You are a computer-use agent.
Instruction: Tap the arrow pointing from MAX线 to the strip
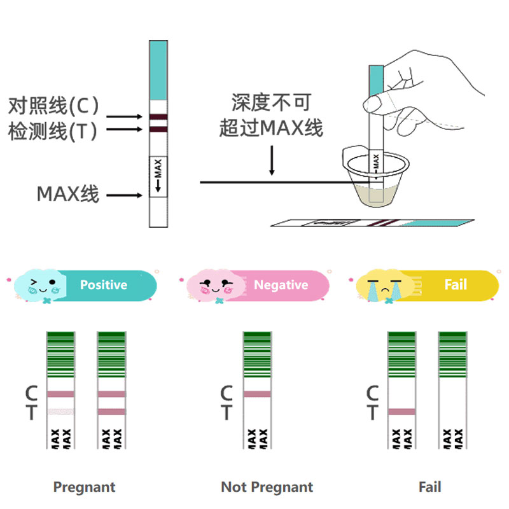pyautogui.click(x=124, y=195)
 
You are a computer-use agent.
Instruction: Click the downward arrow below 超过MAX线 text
pyautogui.click(x=272, y=159)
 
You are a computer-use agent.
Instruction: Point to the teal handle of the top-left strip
pyautogui.click(x=158, y=70)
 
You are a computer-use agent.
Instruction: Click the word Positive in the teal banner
pyautogui.click(x=104, y=285)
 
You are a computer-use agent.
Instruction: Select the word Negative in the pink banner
pyautogui.click(x=281, y=285)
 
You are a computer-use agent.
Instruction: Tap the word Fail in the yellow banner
pyautogui.click(x=456, y=284)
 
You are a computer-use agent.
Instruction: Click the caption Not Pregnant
pyautogui.click(x=267, y=487)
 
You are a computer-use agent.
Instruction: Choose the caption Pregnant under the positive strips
pyautogui.click(x=85, y=487)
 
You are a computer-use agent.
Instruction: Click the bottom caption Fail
pyautogui.click(x=430, y=487)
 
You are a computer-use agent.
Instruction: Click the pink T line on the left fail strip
pyautogui.click(x=401, y=412)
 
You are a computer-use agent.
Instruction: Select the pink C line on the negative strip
pyautogui.click(x=257, y=394)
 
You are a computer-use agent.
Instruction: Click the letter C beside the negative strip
pyautogui.click(x=226, y=394)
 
